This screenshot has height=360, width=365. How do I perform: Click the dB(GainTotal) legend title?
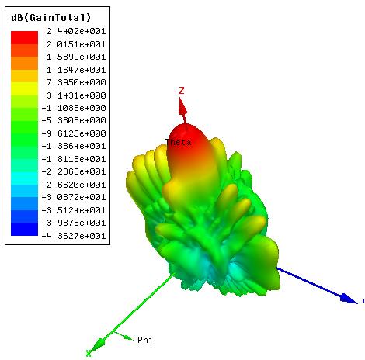51,18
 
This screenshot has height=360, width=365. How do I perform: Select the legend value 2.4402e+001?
76,31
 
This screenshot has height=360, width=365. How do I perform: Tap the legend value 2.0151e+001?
76,44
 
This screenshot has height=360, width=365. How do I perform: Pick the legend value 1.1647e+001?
76,70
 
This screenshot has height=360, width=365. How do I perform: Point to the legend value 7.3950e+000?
76,82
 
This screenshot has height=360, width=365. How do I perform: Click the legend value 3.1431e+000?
76,95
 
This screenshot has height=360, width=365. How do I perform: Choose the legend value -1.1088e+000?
74,108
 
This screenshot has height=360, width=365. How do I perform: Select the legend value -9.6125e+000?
74,133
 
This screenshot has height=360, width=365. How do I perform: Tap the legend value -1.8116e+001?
74,159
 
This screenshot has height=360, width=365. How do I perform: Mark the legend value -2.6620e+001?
74,185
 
